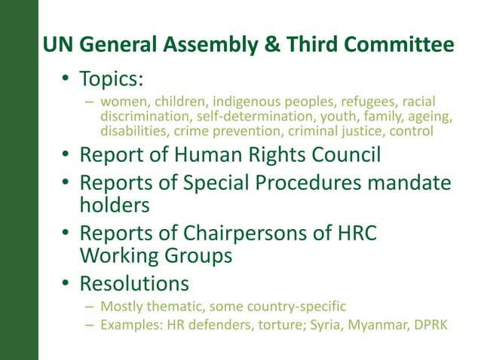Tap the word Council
click(339, 156)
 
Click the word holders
click(114, 205)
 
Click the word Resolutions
click(133, 284)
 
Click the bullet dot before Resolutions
click(66, 285)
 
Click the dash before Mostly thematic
click(89, 307)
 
